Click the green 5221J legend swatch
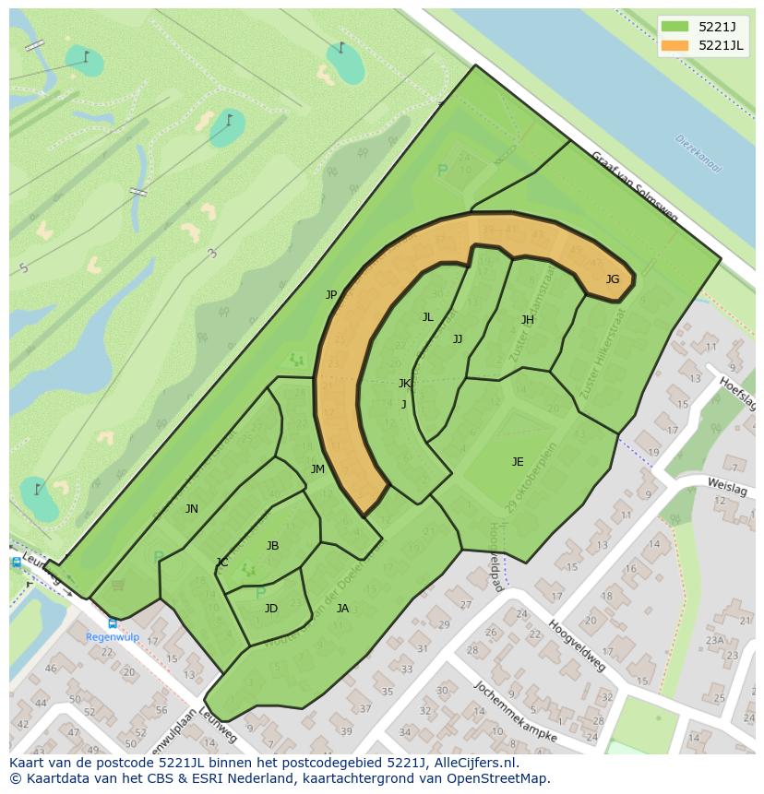[674, 27]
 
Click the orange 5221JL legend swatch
[674, 45]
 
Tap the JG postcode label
[613, 279]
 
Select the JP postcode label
[331, 295]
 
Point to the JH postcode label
[528, 320]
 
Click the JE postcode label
[518, 462]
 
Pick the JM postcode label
[317, 469]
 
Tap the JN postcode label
[192, 509]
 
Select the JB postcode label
[272, 546]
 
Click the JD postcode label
[271, 609]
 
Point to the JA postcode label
[342, 609]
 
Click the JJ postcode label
[458, 339]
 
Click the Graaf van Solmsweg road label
[634, 188]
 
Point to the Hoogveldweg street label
[577, 646]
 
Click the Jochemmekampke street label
[516, 711]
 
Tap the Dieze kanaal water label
[698, 154]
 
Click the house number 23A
[715, 641]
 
